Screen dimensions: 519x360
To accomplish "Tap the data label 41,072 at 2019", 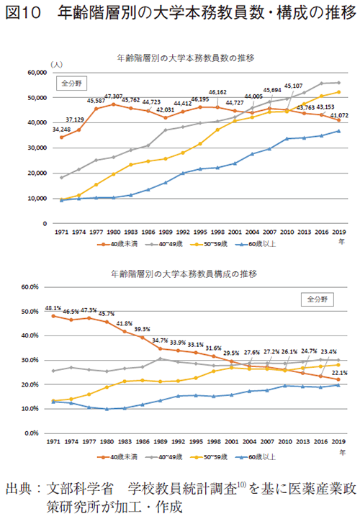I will click(x=338, y=114).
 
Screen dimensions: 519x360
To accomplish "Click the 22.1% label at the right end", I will click(x=338, y=372).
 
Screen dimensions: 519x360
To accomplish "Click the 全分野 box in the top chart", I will click(x=72, y=83).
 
